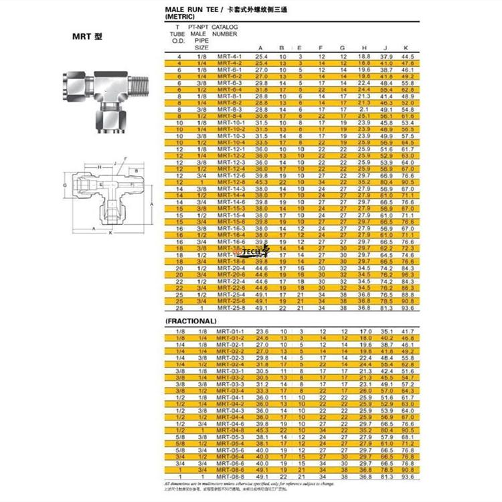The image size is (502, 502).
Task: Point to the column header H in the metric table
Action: (364, 48)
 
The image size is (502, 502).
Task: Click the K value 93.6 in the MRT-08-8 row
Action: (406, 476)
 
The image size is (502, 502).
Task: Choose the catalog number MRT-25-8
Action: (229, 308)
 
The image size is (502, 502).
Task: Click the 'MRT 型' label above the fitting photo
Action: (88, 37)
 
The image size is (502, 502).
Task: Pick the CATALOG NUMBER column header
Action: (225, 29)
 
